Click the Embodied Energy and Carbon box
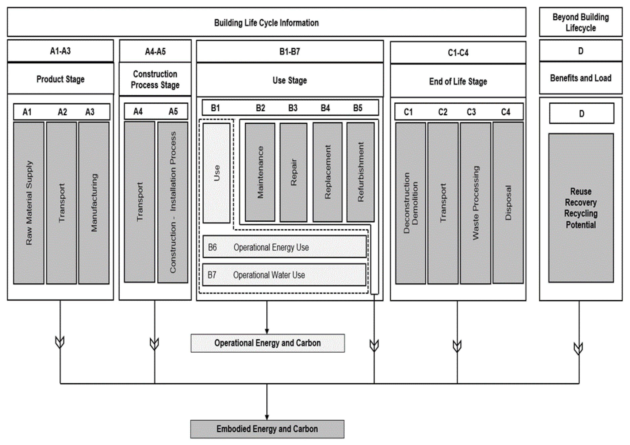267,429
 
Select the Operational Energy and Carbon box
268,343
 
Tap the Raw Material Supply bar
29,203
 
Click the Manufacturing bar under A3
94,203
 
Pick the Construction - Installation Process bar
173,202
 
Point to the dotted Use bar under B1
216,173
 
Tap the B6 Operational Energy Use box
284,247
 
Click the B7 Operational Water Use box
284,275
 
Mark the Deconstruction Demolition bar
411,203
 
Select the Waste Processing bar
476,203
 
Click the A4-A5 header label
155,51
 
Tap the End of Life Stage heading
458,81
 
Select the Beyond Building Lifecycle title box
581,22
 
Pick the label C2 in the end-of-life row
443,112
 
